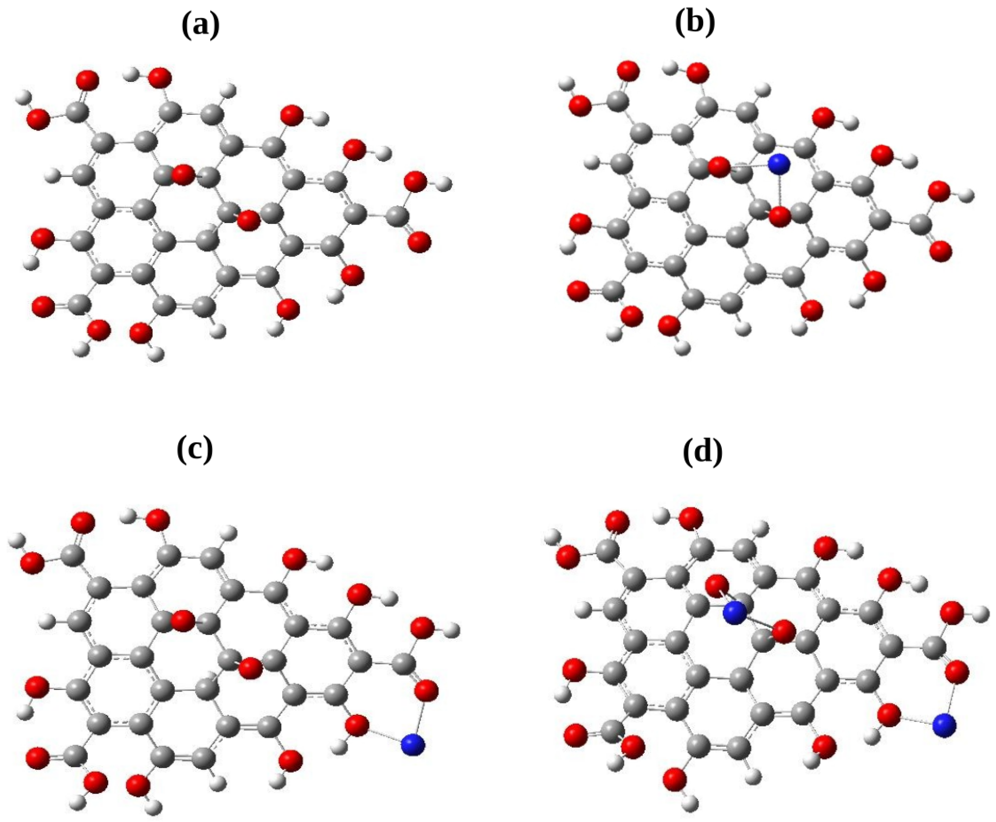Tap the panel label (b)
(x=695, y=22)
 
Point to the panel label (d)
(x=702, y=452)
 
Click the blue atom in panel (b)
(x=779, y=164)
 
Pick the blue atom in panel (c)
(x=413, y=745)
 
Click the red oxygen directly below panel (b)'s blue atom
(x=780, y=217)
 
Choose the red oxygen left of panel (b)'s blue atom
(x=719, y=167)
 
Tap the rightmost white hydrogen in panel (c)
(x=452, y=630)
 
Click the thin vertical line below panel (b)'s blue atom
(x=779, y=191)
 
